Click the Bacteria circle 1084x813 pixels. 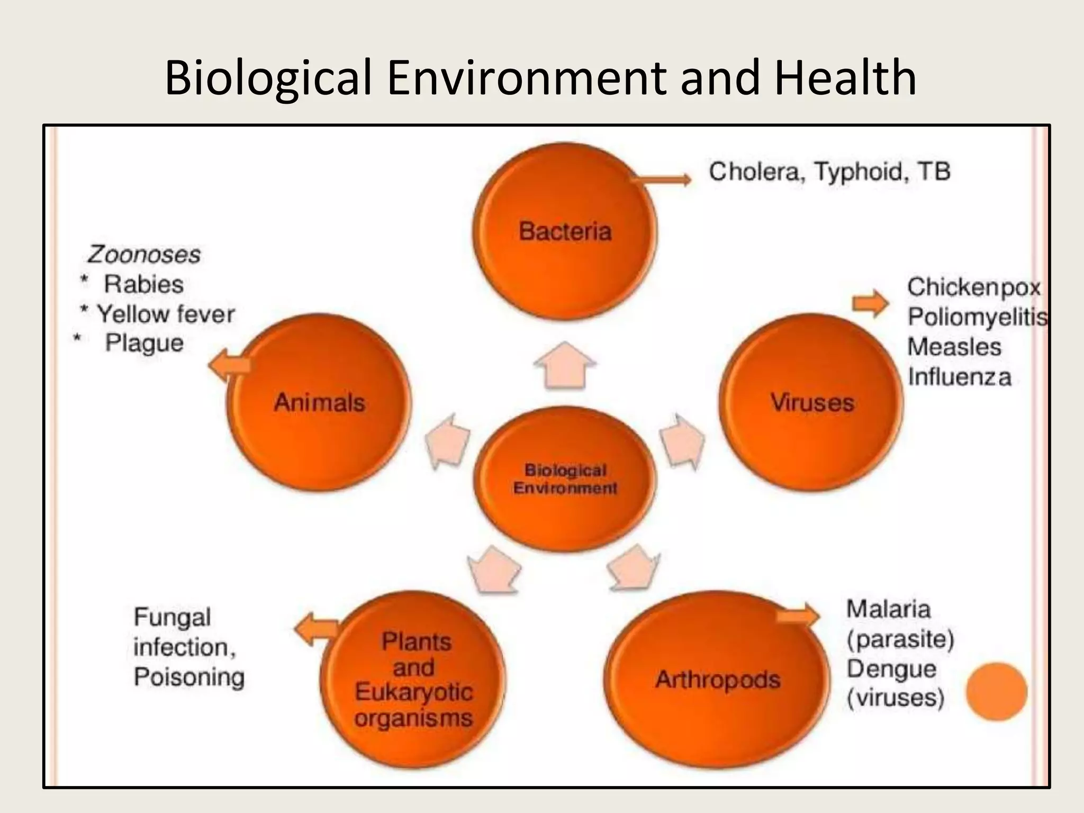click(x=565, y=232)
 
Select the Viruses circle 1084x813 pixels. click(x=811, y=402)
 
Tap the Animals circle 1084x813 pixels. click(x=319, y=402)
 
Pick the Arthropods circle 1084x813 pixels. click(x=717, y=679)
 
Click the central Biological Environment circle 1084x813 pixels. click(x=565, y=479)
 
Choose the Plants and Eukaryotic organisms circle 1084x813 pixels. click(x=413, y=680)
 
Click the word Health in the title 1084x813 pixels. click(x=845, y=78)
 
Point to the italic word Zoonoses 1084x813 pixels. click(x=144, y=255)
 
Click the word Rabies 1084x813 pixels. click(x=143, y=284)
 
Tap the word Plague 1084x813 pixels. click(x=144, y=343)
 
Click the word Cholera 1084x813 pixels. click(x=754, y=172)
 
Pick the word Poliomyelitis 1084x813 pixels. click(x=977, y=317)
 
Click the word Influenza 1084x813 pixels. click(x=959, y=377)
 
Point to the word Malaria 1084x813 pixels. click(x=888, y=609)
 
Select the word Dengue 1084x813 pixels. click(x=891, y=669)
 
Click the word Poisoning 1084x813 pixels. click(x=189, y=677)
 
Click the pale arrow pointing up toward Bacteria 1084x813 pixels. click(x=565, y=365)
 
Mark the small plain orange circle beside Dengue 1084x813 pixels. click(x=996, y=691)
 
